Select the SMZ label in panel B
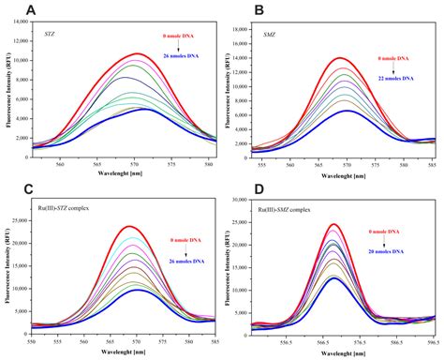tap(270, 35)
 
